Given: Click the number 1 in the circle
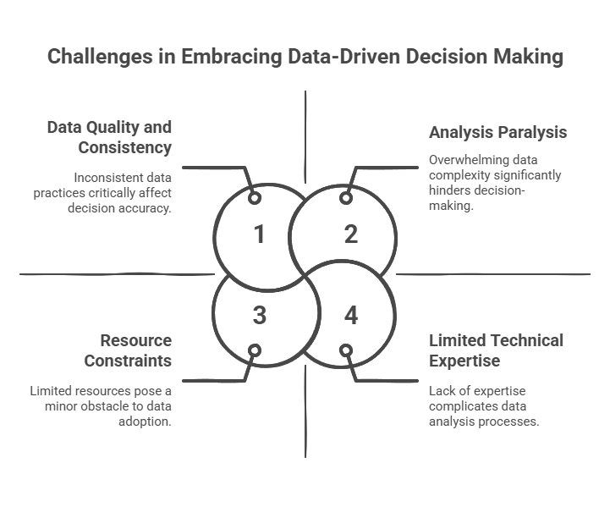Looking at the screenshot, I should (x=260, y=234).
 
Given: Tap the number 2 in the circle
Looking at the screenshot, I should (x=351, y=234).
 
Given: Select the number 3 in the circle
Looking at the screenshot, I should (x=260, y=316).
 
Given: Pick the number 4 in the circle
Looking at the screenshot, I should (x=351, y=316).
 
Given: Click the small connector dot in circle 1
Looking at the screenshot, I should (x=254, y=198).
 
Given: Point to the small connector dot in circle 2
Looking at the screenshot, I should (x=345, y=198).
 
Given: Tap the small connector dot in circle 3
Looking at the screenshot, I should (x=254, y=350).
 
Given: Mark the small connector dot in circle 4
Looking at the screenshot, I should (x=345, y=350).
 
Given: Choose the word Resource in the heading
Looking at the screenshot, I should (x=136, y=340).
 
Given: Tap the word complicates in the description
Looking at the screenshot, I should (x=463, y=406).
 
